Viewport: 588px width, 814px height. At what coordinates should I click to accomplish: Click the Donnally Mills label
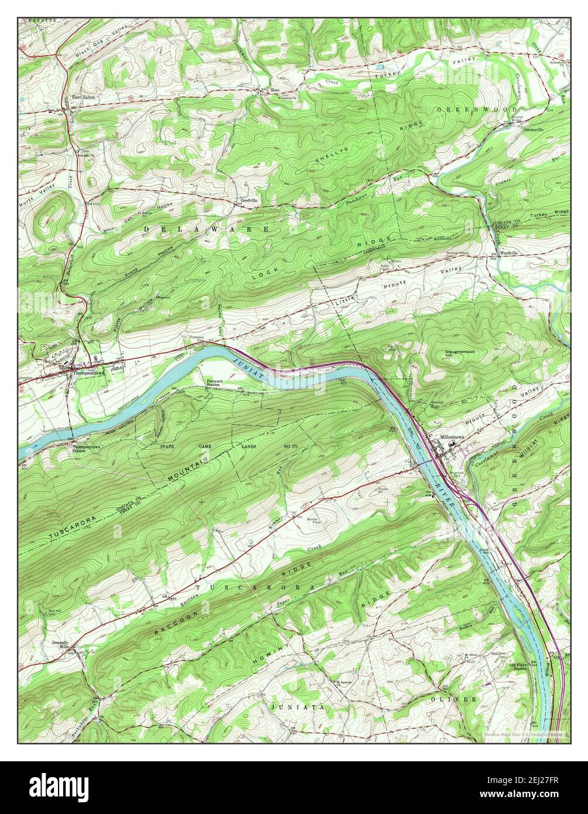[60, 645]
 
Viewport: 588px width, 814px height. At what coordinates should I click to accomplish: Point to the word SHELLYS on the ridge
[332, 155]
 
